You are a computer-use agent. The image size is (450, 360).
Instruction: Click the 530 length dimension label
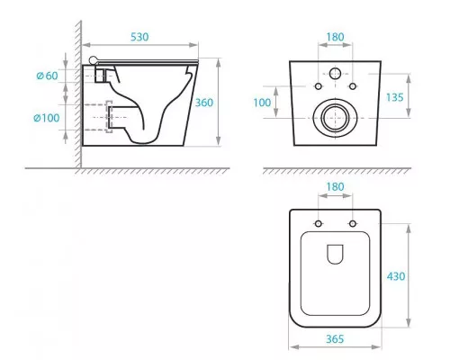(139, 37)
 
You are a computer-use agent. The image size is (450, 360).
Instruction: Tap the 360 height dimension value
(204, 103)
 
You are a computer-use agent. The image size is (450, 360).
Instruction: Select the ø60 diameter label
(47, 76)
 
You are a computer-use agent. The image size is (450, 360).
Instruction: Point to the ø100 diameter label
(46, 118)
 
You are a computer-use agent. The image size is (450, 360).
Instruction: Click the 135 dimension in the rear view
(394, 97)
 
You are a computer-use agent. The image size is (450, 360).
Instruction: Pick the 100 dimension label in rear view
(262, 103)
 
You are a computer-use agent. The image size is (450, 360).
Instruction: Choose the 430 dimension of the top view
(396, 276)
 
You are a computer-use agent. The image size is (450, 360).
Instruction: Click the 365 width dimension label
(335, 339)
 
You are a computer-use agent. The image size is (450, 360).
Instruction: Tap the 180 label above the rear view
(335, 37)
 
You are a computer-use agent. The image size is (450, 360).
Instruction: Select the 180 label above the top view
(335, 186)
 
